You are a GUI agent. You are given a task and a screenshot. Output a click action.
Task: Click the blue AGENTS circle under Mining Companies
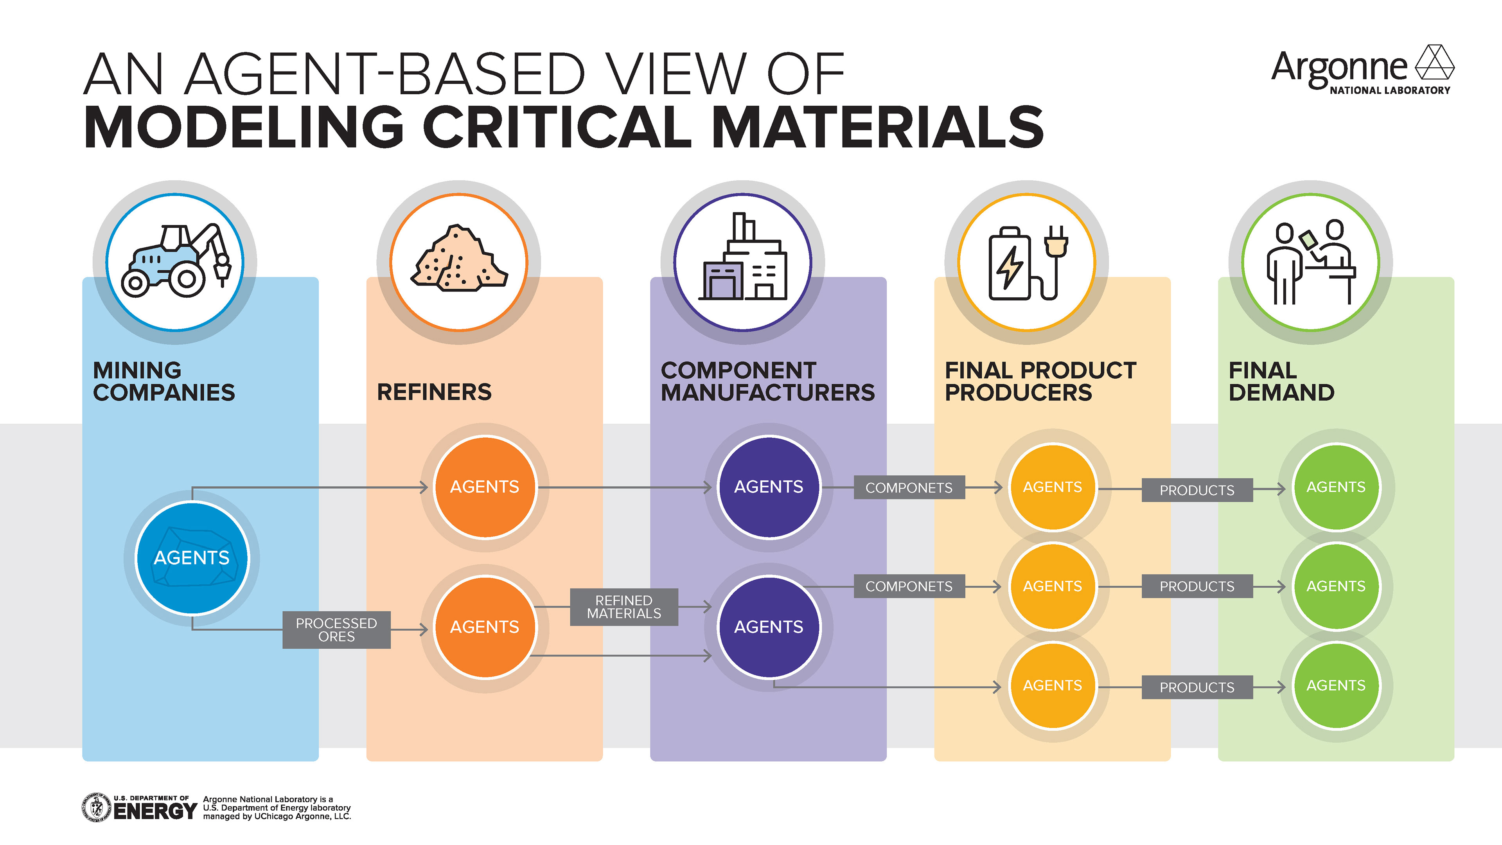tap(192, 557)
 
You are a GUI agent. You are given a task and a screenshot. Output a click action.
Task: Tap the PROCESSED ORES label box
tap(336, 630)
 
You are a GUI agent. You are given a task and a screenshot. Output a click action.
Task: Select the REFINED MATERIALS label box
tap(624, 607)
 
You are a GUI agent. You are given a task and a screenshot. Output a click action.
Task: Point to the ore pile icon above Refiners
tap(459, 259)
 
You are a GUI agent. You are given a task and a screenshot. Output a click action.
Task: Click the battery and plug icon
tap(1028, 263)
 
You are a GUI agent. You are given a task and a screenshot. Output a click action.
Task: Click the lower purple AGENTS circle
tap(769, 627)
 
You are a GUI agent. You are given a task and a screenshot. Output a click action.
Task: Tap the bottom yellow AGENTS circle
tap(1053, 686)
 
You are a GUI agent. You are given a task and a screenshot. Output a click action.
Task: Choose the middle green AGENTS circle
tap(1336, 586)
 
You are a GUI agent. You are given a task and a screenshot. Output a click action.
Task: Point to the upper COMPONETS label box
tap(909, 487)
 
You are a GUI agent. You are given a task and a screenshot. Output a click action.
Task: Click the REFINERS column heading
tap(435, 392)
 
